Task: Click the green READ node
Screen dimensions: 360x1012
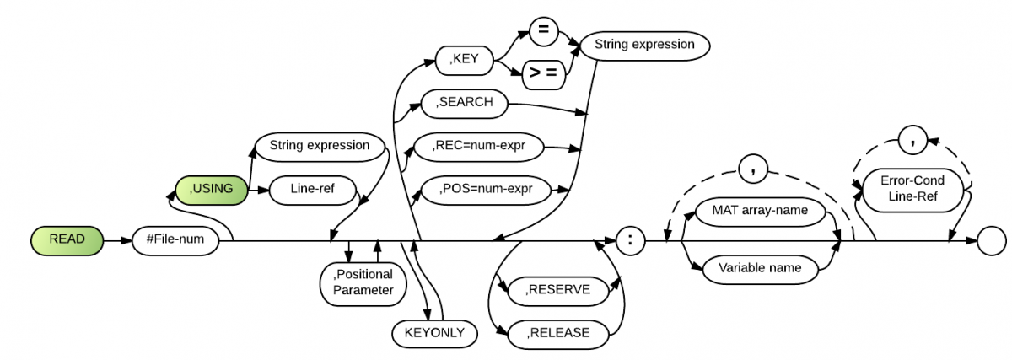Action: (x=67, y=239)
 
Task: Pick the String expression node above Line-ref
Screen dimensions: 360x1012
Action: (x=319, y=145)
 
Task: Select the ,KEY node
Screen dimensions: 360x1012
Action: (x=465, y=60)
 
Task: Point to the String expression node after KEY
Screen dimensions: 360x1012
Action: (x=644, y=44)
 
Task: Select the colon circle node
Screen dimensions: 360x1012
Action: (x=630, y=239)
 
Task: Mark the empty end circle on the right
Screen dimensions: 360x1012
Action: (x=992, y=240)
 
